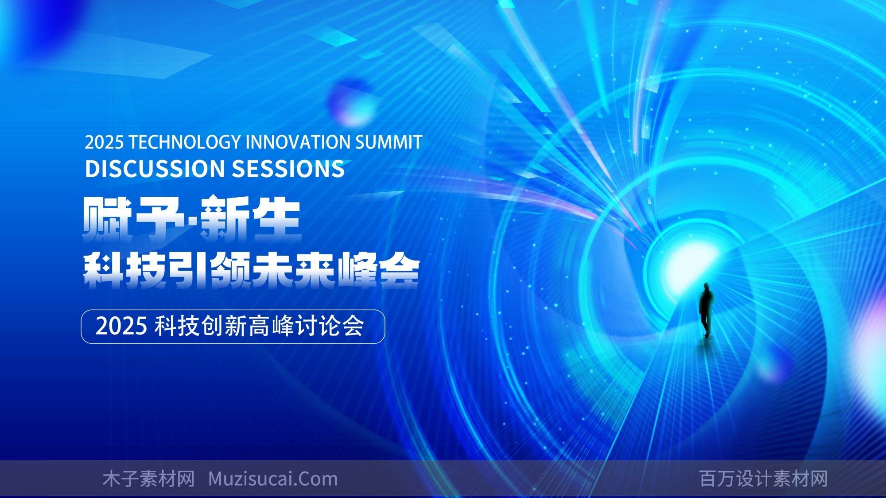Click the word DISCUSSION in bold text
(155, 169)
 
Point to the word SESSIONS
(288, 169)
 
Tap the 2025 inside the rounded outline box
(121, 327)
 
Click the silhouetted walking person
(705, 309)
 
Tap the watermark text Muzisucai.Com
(273, 479)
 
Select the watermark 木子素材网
(148, 479)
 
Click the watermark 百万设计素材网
(764, 479)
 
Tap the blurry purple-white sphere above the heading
(350, 103)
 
